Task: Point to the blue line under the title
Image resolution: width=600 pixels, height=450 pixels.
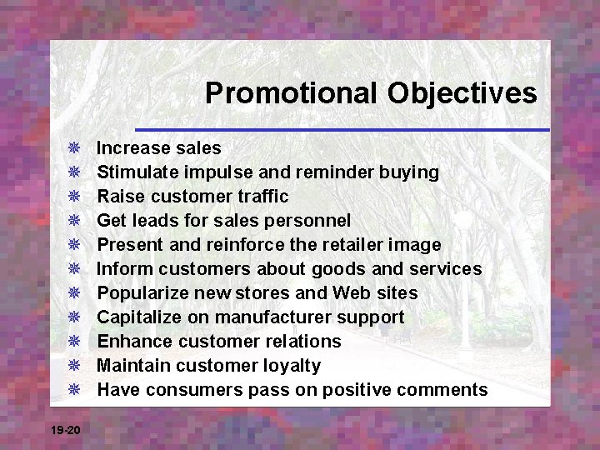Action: pos(342,130)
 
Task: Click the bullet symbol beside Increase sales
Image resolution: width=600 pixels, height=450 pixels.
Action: pos(73,148)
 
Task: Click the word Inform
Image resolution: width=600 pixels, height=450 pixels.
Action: pos(121,269)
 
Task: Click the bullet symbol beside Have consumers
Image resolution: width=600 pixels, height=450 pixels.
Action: pos(73,390)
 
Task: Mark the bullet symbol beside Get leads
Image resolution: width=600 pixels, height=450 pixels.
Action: pos(73,221)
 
